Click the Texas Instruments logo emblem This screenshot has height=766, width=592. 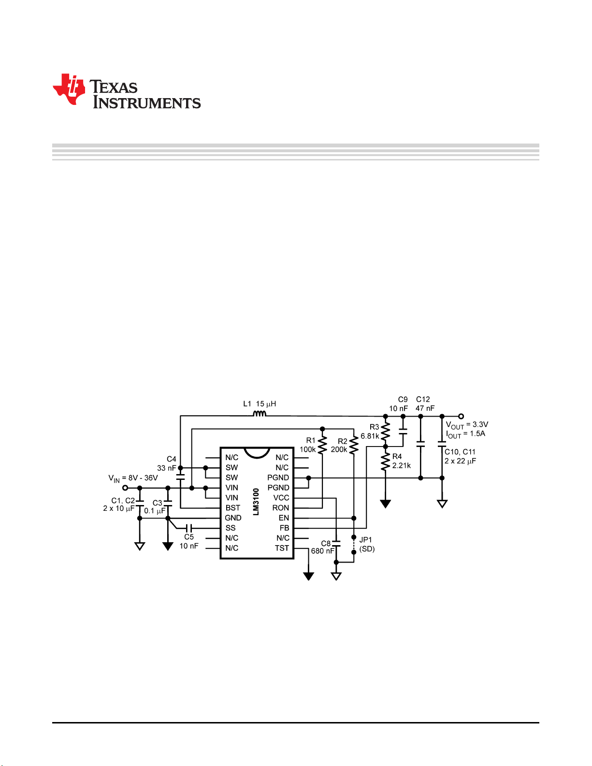tap(69, 89)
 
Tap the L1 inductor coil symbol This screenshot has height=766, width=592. tap(260, 414)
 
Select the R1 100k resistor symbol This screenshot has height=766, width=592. tap(322, 445)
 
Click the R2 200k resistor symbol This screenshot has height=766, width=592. tap(354, 445)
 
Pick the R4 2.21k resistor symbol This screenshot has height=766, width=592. tap(386, 462)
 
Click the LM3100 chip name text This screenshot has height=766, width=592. tap(256, 502)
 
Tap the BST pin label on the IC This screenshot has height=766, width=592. tap(232, 507)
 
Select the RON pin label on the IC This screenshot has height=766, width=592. tap(280, 507)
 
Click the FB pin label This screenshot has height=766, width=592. tap(284, 528)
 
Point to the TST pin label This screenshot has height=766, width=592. tap(282, 548)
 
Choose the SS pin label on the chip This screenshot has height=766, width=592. tap(231, 528)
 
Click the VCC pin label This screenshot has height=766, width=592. tap(281, 498)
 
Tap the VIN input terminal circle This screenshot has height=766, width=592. tap(125, 488)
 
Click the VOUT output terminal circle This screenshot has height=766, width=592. tap(461, 416)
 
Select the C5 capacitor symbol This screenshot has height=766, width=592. tap(189, 528)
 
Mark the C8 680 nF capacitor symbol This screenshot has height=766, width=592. tap(336, 543)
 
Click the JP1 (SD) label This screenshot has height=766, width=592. tap(367, 544)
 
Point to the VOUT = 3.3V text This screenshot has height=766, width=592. tap(467, 425)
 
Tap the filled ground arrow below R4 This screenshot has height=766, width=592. tap(386, 504)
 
